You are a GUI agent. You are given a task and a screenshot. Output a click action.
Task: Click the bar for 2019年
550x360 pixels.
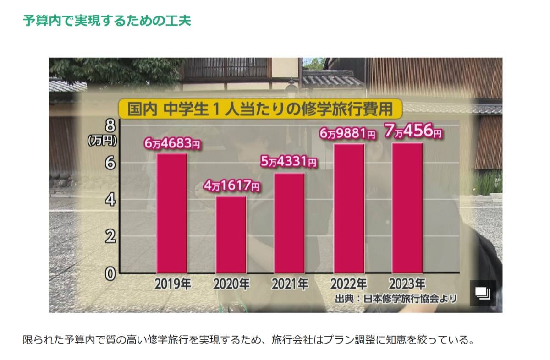172,213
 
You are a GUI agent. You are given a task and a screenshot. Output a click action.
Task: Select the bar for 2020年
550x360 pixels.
231,235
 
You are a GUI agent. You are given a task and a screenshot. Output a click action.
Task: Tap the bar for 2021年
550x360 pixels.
290,223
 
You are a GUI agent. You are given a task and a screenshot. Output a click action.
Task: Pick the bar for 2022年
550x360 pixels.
349,208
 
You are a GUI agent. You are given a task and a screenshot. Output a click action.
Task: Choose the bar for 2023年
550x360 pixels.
407,208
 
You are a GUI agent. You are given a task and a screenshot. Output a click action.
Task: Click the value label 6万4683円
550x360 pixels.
172,144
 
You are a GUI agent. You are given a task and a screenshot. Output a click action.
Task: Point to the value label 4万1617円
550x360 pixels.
231,186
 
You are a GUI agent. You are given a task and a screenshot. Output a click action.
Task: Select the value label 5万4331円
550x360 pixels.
289,162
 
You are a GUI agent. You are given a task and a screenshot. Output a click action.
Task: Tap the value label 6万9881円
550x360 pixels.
348,134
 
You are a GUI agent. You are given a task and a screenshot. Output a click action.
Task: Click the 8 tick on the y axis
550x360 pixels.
110,125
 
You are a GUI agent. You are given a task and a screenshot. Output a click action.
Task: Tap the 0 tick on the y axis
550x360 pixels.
110,273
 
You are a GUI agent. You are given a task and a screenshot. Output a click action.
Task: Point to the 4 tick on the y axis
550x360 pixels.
110,200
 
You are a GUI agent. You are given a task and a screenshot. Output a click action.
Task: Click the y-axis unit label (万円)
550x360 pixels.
103,141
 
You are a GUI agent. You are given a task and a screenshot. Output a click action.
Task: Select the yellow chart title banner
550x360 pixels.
259,110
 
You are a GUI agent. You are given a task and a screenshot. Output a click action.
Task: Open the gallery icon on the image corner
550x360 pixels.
483,293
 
